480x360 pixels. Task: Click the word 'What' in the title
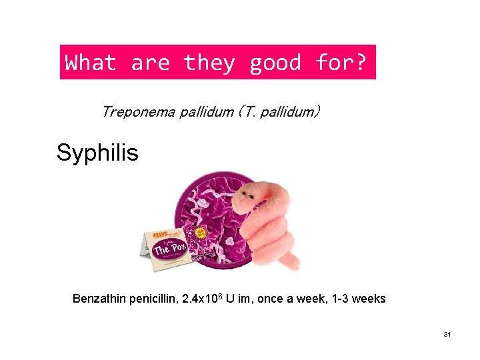91,63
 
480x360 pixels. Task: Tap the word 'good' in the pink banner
275,63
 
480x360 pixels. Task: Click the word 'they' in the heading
209,63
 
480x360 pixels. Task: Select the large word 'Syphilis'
97,153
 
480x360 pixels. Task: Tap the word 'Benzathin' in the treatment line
99,299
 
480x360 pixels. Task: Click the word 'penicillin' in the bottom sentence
151,299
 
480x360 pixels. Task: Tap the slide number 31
447,334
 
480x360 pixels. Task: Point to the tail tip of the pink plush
293,265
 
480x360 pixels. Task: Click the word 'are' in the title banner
150,63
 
